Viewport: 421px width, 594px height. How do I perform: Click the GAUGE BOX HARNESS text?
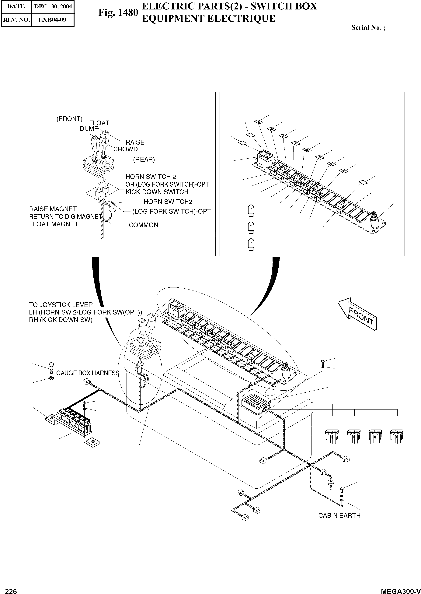coord(88,373)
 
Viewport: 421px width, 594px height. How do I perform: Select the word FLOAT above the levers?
coord(99,123)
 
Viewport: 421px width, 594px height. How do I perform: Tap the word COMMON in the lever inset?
coord(143,225)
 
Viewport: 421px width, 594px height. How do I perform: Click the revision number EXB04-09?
coord(52,20)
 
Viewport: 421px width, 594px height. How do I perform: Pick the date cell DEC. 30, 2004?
coord(53,6)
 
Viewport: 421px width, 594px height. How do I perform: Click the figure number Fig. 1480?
coord(118,12)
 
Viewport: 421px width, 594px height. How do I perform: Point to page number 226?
coord(11,590)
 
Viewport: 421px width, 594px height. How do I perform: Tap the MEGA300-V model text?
coord(401,590)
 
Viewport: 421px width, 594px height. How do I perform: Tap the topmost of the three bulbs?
coord(251,210)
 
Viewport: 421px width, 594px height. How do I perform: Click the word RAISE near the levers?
coord(135,142)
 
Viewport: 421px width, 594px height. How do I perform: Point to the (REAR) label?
coord(144,159)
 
